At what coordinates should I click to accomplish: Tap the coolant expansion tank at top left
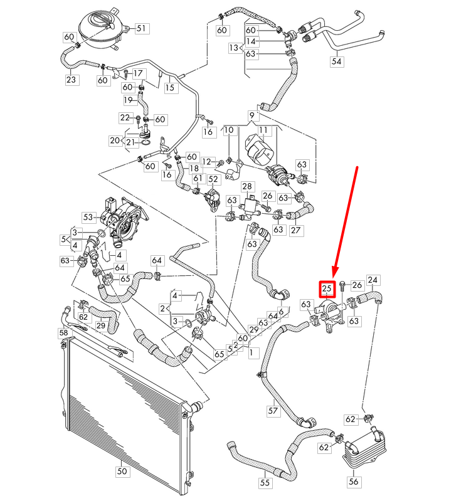click(x=98, y=28)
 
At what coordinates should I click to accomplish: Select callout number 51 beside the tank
click(x=140, y=28)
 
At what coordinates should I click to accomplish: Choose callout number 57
click(x=273, y=411)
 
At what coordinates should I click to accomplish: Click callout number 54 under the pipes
click(x=337, y=61)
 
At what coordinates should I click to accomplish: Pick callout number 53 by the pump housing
click(x=87, y=217)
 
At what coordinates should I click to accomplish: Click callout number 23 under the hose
click(x=70, y=80)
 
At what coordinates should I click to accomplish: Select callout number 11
click(x=263, y=130)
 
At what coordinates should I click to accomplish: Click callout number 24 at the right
click(x=373, y=280)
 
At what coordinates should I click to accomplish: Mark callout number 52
click(x=213, y=179)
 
